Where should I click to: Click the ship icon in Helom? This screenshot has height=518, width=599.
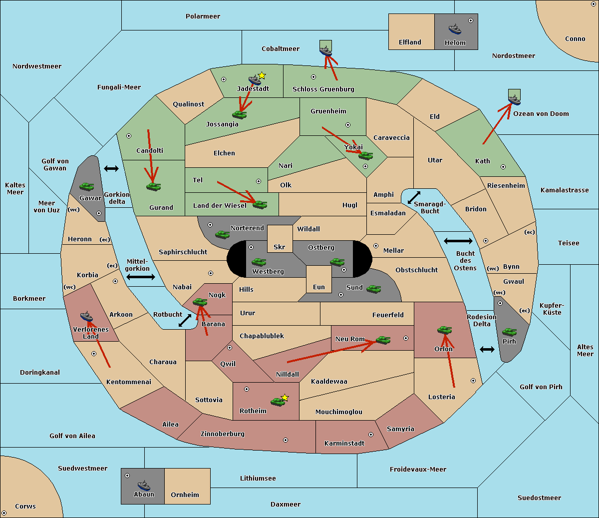[x=455, y=29]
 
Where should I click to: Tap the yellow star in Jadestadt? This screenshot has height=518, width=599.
[x=262, y=75]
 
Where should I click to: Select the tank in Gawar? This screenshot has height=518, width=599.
[x=87, y=186]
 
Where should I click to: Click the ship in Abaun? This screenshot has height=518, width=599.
[x=144, y=485]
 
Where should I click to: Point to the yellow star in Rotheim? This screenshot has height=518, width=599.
[x=285, y=397]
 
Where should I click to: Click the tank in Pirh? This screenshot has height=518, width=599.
[x=509, y=332]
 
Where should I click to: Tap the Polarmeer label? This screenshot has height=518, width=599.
[x=203, y=16]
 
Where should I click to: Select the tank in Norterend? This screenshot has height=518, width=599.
[x=222, y=234]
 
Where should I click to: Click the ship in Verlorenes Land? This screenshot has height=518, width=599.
[x=86, y=316]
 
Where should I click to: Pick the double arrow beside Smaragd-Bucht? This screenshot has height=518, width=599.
[x=414, y=197]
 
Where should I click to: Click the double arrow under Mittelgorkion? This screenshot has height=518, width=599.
[x=141, y=277]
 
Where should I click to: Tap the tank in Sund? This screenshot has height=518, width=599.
[x=373, y=289]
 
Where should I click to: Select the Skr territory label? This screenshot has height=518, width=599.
[x=280, y=247]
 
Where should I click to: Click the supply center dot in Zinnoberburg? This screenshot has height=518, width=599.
[x=286, y=440]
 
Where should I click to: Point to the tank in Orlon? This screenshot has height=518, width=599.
[x=444, y=330]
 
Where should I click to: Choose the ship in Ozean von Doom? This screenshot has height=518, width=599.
[x=514, y=100]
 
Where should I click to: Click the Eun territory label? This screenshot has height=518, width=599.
[x=319, y=287]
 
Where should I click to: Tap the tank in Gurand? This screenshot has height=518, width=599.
[x=153, y=186]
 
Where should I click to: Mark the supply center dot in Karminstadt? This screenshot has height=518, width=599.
[x=371, y=435]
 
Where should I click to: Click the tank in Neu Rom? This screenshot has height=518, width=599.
[x=383, y=340]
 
